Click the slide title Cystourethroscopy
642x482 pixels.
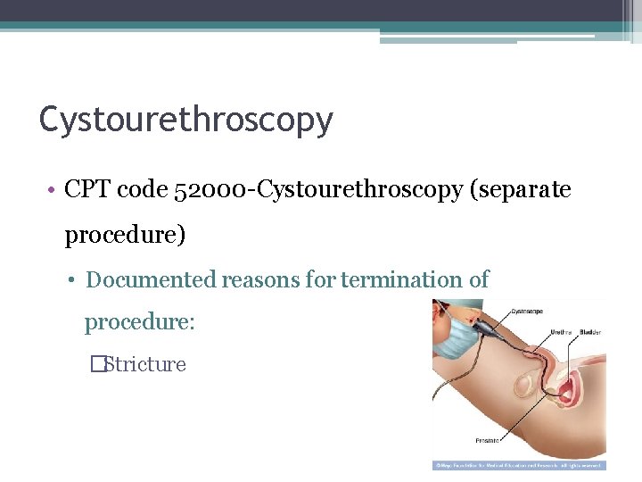click(185, 120)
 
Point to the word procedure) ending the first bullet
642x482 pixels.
click(125, 236)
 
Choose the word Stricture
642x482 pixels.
click(144, 364)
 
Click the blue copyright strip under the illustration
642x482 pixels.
click(518, 465)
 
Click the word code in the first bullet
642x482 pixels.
click(142, 191)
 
